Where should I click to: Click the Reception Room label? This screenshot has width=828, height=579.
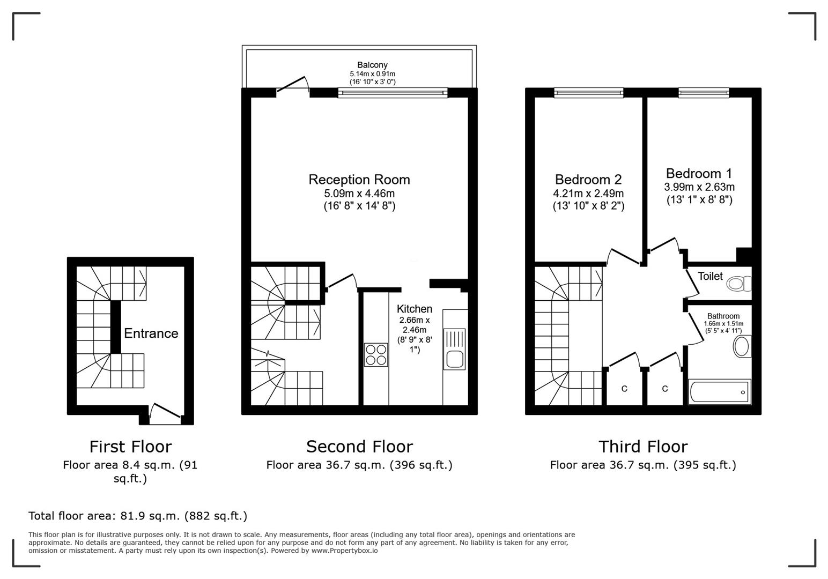359,180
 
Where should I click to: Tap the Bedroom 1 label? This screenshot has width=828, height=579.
699,174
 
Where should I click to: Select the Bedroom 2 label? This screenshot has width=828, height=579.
588,180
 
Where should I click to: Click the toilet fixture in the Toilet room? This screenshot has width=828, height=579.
740,283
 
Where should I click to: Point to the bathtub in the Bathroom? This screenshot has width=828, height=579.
719,392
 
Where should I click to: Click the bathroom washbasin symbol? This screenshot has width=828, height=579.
742,346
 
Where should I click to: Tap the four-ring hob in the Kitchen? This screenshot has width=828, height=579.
376,354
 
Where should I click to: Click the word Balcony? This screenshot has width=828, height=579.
372,65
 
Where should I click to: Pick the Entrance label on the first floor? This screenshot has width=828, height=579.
151,333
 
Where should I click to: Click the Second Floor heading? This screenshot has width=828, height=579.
359,447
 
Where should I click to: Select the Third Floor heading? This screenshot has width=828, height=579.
642,447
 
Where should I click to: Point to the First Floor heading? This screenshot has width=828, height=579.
130,447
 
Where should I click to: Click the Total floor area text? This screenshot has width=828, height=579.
138,516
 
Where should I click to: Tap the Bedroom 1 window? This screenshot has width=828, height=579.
704,93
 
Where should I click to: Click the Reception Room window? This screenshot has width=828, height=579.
393,93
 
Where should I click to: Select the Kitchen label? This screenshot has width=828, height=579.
414,309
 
